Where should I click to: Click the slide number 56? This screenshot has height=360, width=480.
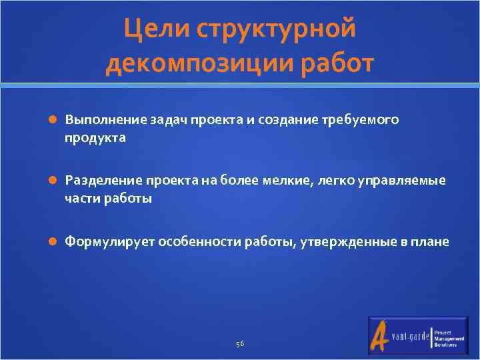click(240, 343)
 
